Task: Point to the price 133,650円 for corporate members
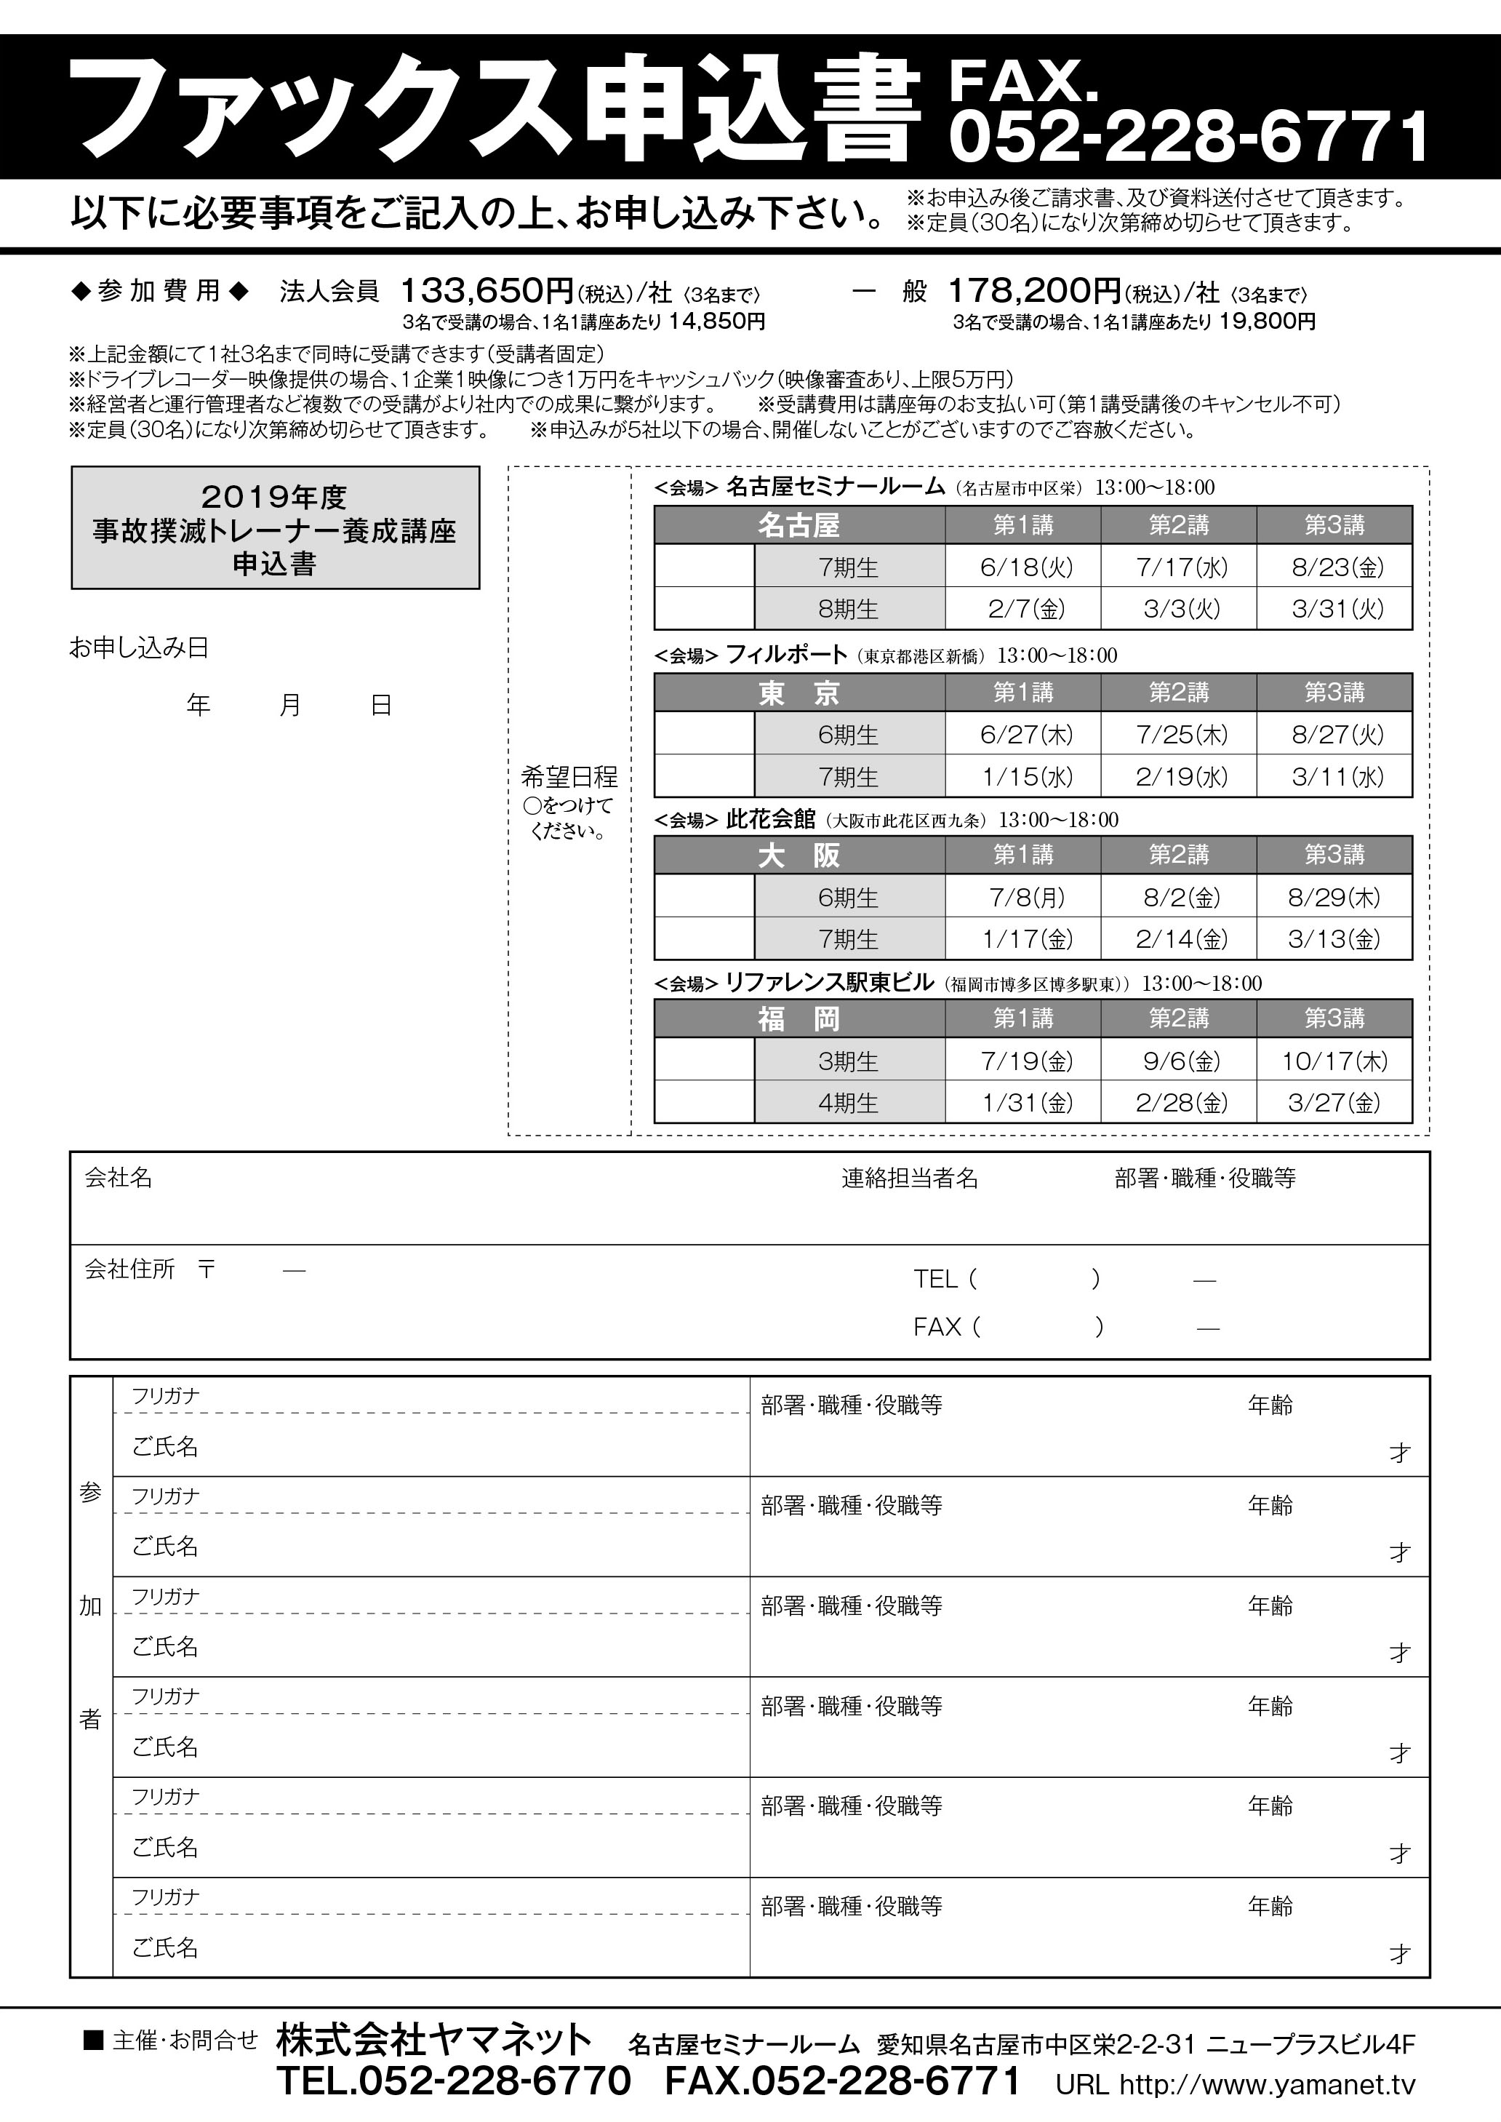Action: [x=487, y=291]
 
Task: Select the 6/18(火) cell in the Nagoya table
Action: [x=1022, y=567]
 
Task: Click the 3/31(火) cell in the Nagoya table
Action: [x=1334, y=608]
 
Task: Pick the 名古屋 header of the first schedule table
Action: [x=798, y=525]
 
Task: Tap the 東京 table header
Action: [x=798, y=693]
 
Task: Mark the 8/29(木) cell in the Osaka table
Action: [x=1334, y=897]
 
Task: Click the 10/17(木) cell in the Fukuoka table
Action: [x=1334, y=1061]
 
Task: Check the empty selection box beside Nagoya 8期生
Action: [x=704, y=608]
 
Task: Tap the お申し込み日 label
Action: [x=139, y=648]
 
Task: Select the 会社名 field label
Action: [x=119, y=1178]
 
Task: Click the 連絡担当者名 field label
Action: [x=910, y=1178]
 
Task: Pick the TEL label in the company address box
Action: [x=935, y=1279]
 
